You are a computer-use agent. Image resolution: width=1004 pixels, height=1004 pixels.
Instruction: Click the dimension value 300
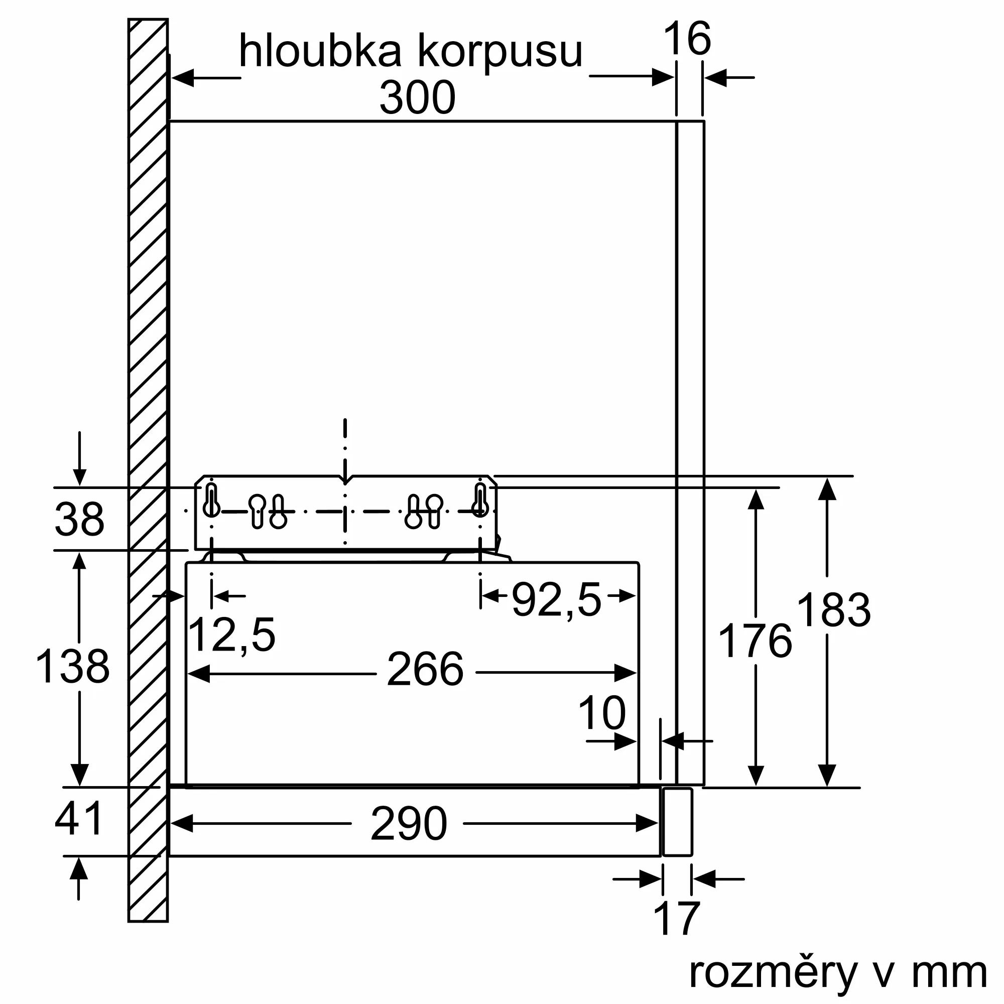[x=417, y=98]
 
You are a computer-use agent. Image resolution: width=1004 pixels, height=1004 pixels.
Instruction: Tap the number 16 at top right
[x=687, y=39]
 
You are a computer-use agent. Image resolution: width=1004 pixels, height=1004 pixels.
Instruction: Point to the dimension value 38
[x=79, y=519]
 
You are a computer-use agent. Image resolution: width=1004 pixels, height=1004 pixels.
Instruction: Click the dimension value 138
[x=73, y=666]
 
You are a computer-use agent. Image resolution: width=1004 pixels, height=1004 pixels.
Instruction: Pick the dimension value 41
[x=79, y=819]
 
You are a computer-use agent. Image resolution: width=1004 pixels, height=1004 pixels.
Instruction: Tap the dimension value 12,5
[x=231, y=635]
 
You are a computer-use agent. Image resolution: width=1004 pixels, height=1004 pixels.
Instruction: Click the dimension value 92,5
[x=556, y=600]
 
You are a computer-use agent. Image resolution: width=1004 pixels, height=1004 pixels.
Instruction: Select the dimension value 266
[x=425, y=670]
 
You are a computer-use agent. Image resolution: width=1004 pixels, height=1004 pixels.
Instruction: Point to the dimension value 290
[x=409, y=824]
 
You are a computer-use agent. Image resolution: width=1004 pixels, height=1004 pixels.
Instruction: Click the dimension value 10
[x=602, y=714]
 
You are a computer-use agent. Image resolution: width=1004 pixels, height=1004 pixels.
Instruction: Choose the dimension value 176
[x=755, y=642]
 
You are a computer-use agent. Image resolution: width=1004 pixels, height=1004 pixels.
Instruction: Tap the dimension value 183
[x=833, y=610]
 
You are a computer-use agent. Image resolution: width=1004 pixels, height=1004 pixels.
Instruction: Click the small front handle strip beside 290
[x=678, y=822]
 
